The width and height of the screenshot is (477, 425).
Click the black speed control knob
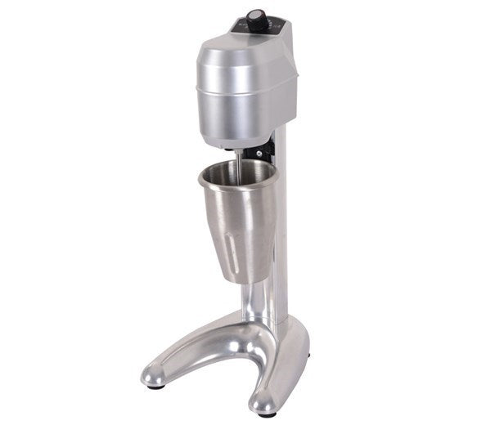point(257,20)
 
